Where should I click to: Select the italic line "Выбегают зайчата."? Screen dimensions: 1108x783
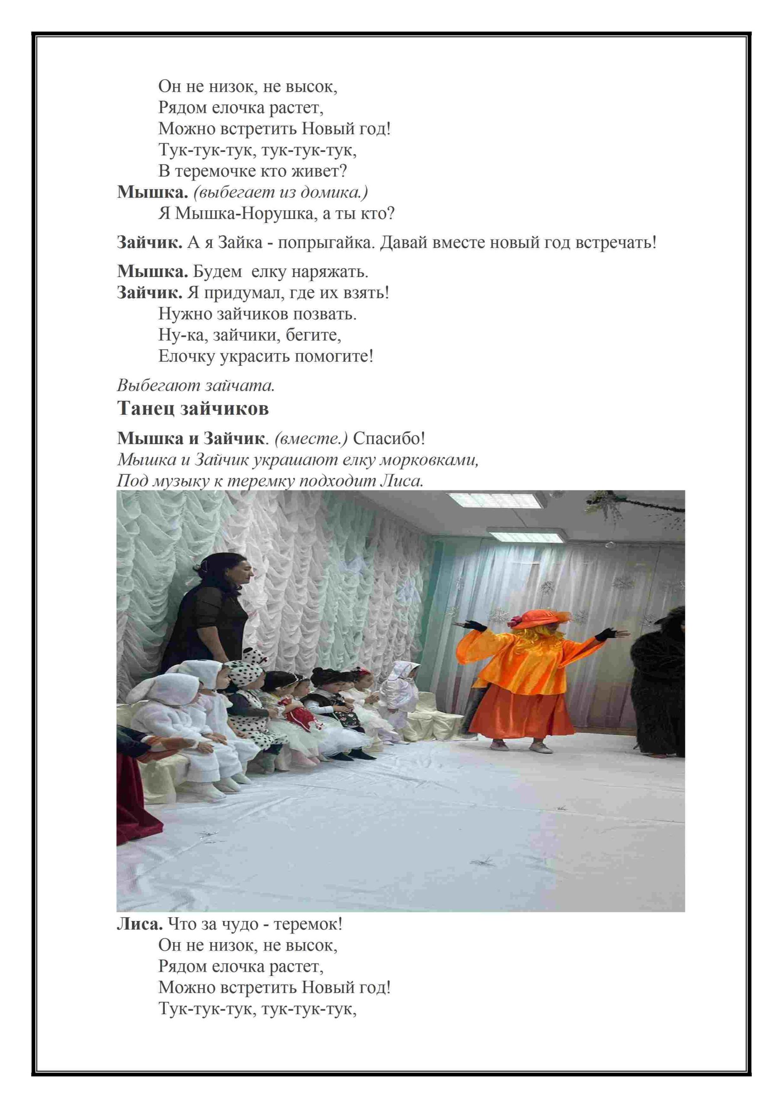196,386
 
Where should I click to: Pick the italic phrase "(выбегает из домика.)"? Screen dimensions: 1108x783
281,192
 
